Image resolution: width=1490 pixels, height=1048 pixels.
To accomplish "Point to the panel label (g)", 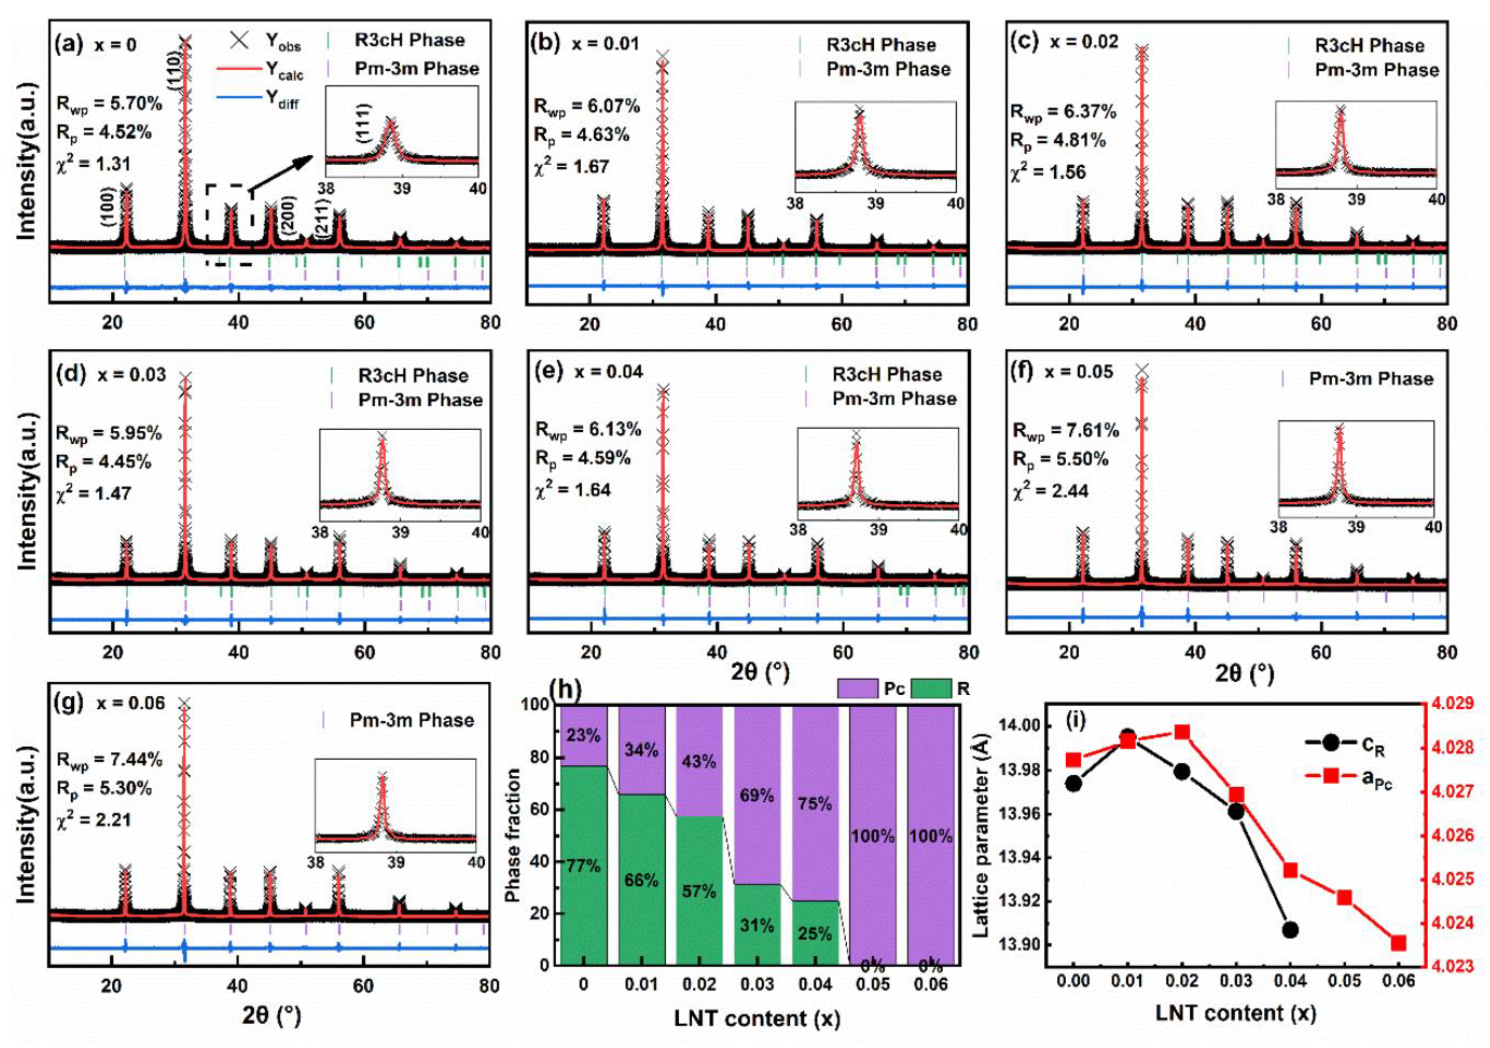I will click(x=70, y=703).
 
